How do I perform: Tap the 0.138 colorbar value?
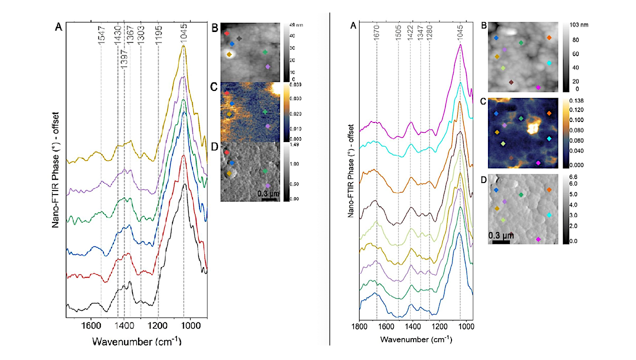(576, 101)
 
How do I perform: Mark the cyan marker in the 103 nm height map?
(549, 63)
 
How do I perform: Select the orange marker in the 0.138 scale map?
(549, 113)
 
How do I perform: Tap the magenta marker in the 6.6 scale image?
(538, 239)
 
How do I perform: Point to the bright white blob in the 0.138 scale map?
(533, 127)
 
